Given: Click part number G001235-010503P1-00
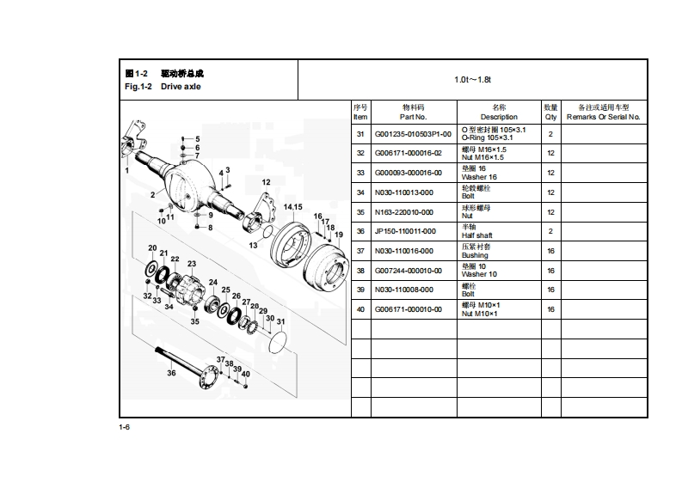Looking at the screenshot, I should point(413,134).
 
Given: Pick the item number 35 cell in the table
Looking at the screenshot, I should point(360,211).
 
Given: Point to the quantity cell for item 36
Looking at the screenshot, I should point(550,231).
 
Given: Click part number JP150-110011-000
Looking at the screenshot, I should point(405,231).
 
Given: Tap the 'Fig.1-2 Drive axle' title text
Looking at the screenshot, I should point(163,87).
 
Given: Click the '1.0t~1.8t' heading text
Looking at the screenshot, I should point(472,80).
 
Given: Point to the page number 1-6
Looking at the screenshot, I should point(125,428).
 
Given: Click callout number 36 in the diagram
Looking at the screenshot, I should point(171,372).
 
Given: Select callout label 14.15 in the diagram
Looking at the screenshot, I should point(292,207).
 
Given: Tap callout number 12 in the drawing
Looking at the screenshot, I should point(266,182).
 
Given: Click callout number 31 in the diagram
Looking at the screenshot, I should point(280,321).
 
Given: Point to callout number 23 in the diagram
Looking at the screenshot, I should point(192,264).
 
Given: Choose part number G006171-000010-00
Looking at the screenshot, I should point(409,308).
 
